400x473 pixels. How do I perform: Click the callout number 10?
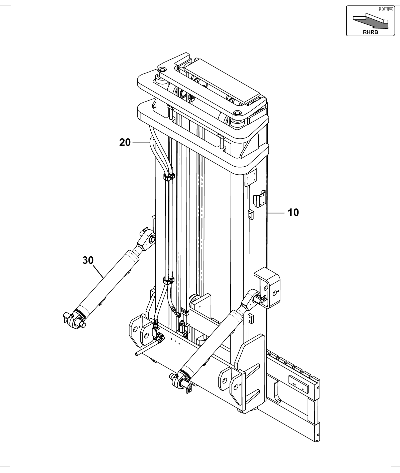(293, 213)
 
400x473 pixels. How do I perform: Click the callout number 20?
(125, 143)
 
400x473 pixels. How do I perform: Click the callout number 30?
(88, 260)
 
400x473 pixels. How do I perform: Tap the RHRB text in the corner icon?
(370, 32)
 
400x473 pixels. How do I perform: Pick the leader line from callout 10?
(276, 213)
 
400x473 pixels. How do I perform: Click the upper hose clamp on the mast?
(169, 177)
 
